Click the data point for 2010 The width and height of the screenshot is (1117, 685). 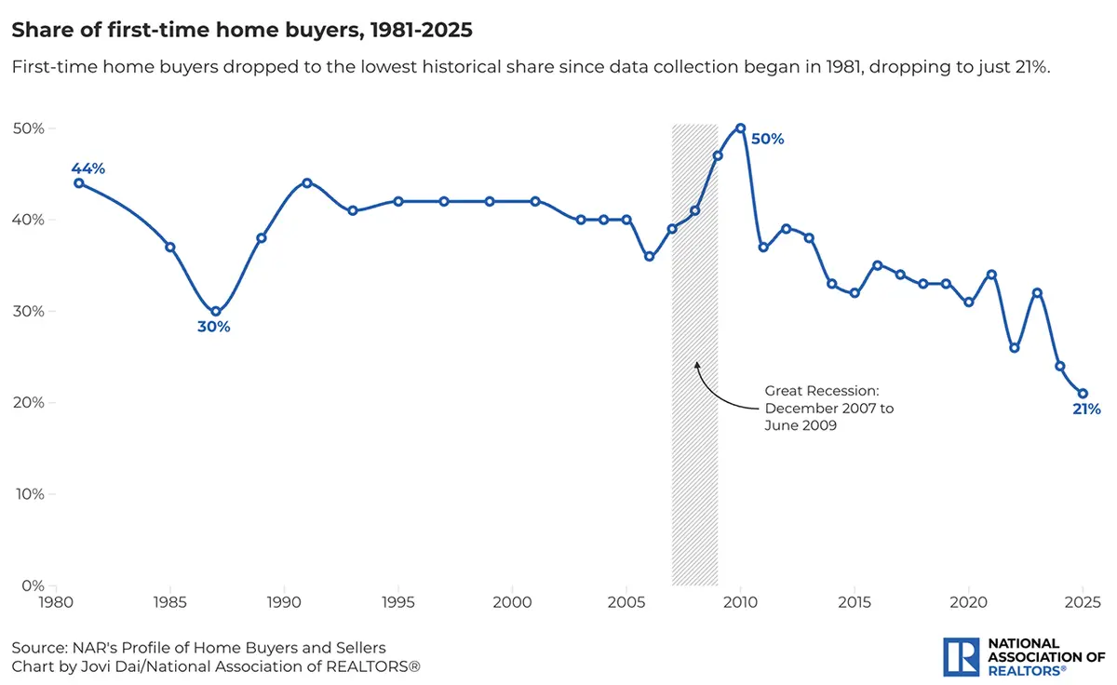[740, 128]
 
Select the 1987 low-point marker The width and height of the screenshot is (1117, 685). [216, 312]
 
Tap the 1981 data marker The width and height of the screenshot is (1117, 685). [79, 183]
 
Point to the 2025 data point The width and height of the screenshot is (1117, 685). [1083, 394]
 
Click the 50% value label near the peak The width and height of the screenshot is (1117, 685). [768, 140]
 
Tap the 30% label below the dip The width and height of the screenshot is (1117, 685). [213, 328]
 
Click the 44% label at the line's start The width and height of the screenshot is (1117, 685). [88, 168]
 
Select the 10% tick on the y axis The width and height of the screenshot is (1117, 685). [28, 494]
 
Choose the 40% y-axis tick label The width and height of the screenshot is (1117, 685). [28, 220]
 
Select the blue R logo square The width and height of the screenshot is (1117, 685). [958, 656]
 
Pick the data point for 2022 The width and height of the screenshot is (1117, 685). [1015, 348]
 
